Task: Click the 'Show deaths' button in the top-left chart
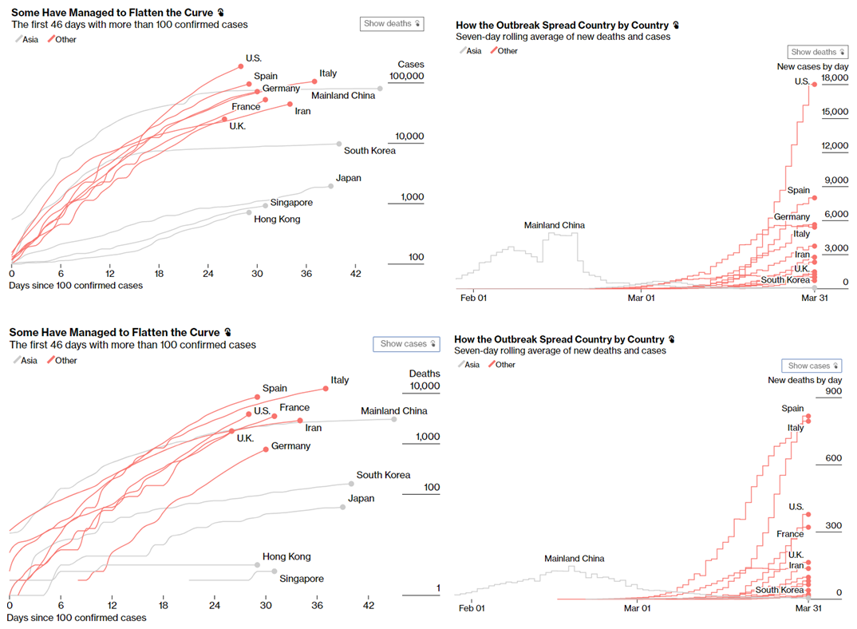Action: pyautogui.click(x=391, y=24)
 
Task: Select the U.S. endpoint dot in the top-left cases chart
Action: pyautogui.click(x=240, y=67)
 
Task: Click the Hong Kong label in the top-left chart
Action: pyautogui.click(x=277, y=219)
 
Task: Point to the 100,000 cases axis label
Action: pyautogui.click(x=407, y=77)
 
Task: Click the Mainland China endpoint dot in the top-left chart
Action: pyautogui.click(x=380, y=88)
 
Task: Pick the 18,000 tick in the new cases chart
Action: pyautogui.click(x=835, y=78)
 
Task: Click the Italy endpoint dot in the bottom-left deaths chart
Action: pyautogui.click(x=326, y=389)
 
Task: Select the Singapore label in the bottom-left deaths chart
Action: pyautogui.click(x=302, y=579)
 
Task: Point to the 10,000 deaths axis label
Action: pyautogui.click(x=424, y=386)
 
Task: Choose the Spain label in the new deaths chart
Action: pyautogui.click(x=792, y=409)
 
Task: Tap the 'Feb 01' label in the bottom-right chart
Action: pyautogui.click(x=472, y=608)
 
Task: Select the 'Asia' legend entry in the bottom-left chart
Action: pyautogui.click(x=27, y=361)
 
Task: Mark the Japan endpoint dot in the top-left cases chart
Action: pyautogui.click(x=331, y=185)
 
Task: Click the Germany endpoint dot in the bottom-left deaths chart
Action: pyautogui.click(x=266, y=450)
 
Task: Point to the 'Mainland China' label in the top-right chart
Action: pyautogui.click(x=554, y=225)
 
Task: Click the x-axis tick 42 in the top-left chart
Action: pyautogui.click(x=356, y=274)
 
